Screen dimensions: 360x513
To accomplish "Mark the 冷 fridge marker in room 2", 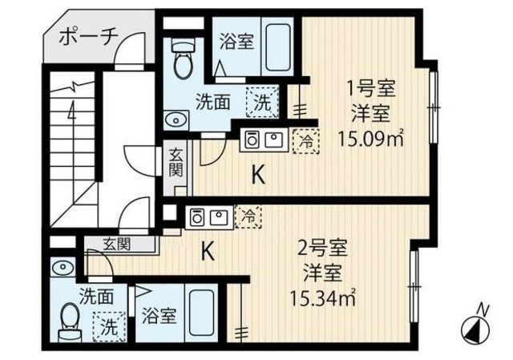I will click(250, 215).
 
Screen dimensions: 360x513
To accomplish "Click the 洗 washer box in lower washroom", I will click(105, 326).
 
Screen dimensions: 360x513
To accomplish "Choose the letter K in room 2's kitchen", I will click(206, 253).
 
